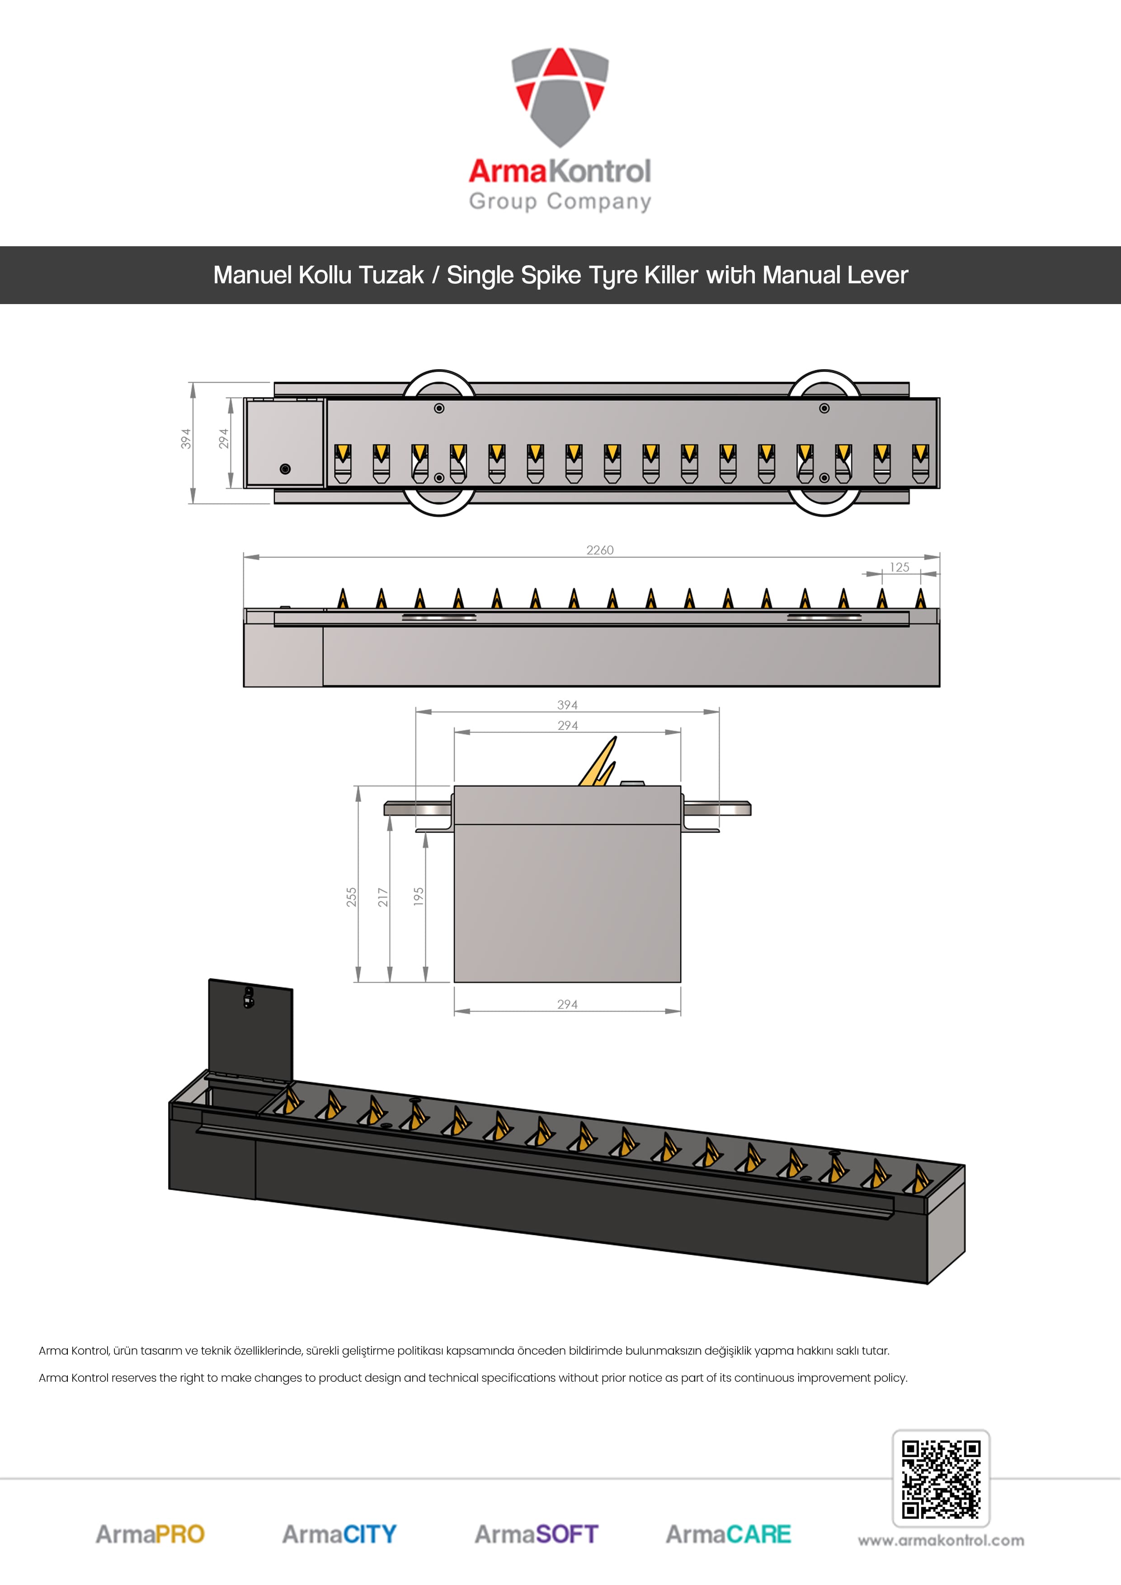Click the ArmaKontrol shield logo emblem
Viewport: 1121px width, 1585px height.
click(x=560, y=97)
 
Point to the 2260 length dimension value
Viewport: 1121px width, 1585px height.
click(x=599, y=550)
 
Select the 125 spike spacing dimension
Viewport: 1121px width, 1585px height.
click(x=900, y=567)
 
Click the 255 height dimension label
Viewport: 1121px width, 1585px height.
click(x=352, y=897)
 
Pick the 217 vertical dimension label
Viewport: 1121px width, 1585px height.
click(x=383, y=897)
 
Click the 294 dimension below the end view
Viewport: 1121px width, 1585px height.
click(x=567, y=1004)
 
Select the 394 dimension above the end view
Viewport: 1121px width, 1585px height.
click(x=567, y=705)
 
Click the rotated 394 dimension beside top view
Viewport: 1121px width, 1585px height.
click(x=186, y=439)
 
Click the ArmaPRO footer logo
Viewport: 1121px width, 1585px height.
click(x=150, y=1534)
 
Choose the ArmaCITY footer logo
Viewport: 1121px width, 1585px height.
click(x=339, y=1534)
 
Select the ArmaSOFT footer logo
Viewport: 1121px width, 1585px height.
click(x=536, y=1534)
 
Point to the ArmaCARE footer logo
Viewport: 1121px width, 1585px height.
click(x=728, y=1534)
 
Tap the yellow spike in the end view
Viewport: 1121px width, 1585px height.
click(x=598, y=762)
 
